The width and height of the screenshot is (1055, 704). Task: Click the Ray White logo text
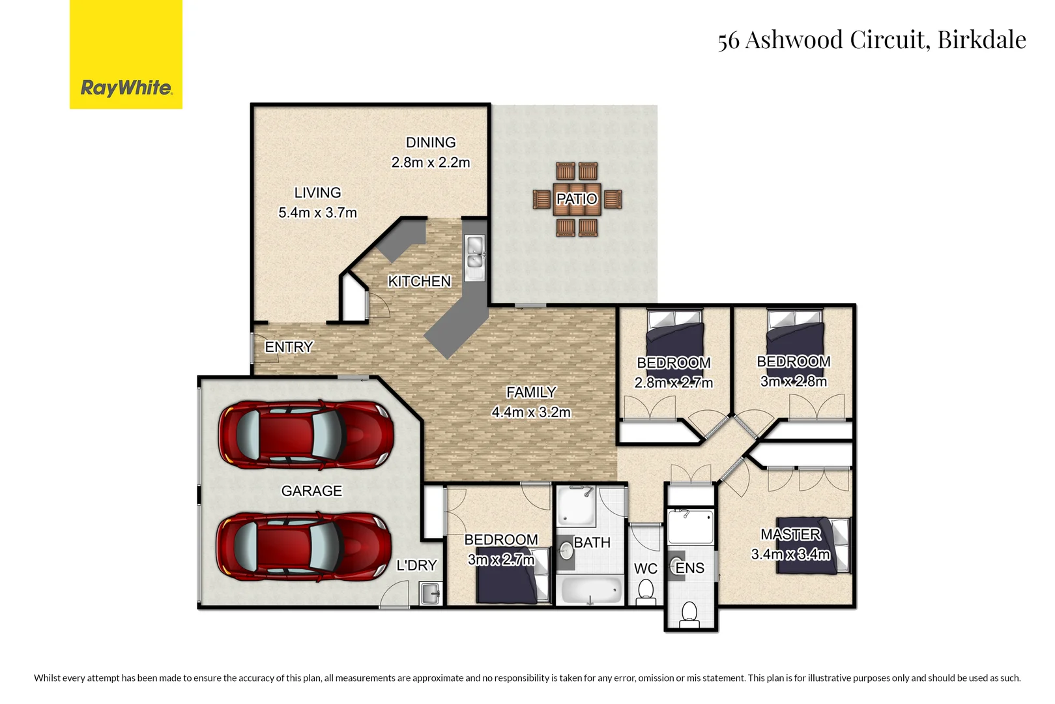pos(126,88)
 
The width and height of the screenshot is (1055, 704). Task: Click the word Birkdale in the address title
pos(981,40)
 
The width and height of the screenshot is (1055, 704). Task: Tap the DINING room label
pos(431,143)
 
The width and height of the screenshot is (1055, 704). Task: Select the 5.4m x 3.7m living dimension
pos(317,213)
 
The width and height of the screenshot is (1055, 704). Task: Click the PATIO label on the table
pos(577,199)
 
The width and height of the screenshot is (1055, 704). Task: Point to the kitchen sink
pos(474,254)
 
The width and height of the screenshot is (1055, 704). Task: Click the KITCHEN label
pos(419,282)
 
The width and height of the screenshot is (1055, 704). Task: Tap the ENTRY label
pos(289,347)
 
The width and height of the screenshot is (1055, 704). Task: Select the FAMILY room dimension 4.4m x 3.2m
pos(531,413)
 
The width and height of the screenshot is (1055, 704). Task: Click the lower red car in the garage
pos(304,546)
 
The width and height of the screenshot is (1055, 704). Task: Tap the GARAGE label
pos(311,491)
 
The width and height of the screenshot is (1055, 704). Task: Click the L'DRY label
pos(416,566)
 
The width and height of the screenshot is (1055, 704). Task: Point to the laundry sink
pos(431,594)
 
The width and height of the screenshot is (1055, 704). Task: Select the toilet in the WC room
pos(646,591)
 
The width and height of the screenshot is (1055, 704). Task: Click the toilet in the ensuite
pos(689,613)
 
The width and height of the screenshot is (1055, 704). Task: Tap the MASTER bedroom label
pos(790,535)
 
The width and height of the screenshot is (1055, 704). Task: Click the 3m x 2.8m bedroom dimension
pos(793,382)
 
